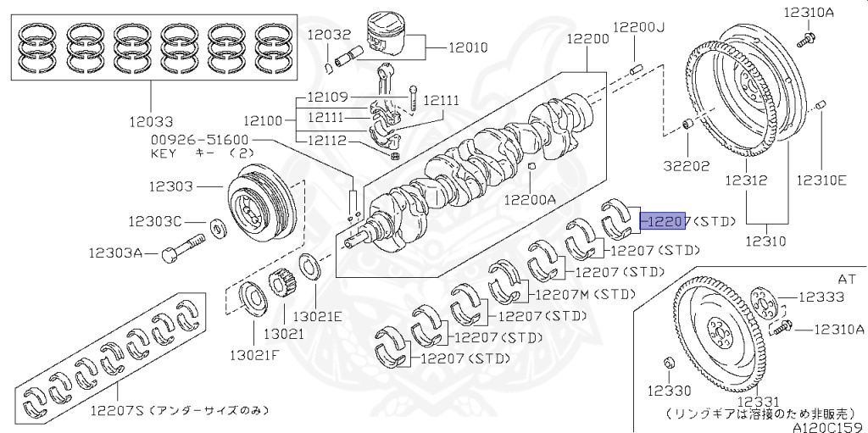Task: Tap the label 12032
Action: pyautogui.click(x=329, y=35)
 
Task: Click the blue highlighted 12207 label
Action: pyautogui.click(x=666, y=220)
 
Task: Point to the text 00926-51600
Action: pyautogui.click(x=200, y=140)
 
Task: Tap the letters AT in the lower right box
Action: pyautogui.click(x=847, y=277)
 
